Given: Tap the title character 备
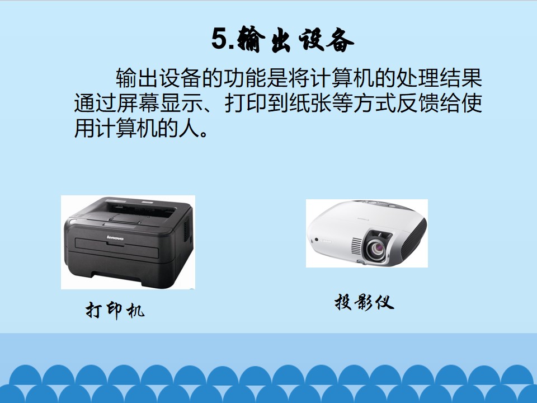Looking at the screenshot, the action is tap(340, 40).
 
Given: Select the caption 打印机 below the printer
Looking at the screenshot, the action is tap(115, 310).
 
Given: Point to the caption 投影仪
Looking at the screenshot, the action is tap(364, 302).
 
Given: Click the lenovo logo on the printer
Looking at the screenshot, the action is tap(115, 237).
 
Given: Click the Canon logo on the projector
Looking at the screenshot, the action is tap(326, 242).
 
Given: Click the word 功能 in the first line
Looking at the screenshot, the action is tap(245, 78).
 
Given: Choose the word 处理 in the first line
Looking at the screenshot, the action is tap(418, 78).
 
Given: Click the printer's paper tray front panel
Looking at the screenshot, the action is tap(116, 249).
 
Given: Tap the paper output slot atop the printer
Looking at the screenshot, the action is tap(140, 208).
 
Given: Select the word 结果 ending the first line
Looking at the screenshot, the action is tap(461, 78).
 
